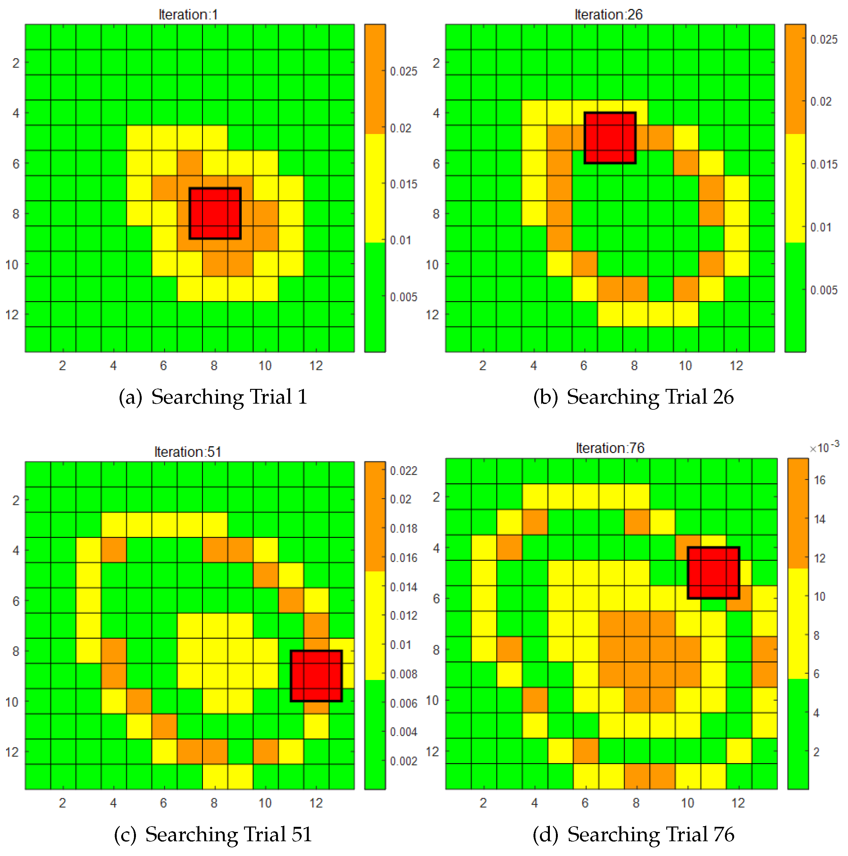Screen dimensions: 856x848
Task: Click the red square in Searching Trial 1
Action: (x=215, y=214)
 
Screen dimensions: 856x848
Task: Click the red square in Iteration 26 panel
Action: (x=610, y=138)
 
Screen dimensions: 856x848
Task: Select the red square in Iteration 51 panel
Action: (x=316, y=676)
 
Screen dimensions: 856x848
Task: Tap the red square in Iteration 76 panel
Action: (x=713, y=573)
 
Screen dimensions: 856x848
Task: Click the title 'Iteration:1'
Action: (x=188, y=15)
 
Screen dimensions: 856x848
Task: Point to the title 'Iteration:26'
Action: (x=608, y=15)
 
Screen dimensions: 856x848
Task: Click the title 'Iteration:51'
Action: (x=188, y=452)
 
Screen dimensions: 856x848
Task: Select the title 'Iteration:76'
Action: (x=610, y=448)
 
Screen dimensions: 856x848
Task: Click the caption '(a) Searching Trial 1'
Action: (x=213, y=397)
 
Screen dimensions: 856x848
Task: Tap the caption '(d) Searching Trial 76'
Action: (x=633, y=834)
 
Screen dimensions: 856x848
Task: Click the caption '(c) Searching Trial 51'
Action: (x=213, y=834)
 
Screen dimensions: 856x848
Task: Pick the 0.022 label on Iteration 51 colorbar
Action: (x=403, y=471)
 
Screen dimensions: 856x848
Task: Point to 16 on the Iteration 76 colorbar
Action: (x=820, y=480)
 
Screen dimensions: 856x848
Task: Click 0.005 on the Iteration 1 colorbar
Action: (x=403, y=297)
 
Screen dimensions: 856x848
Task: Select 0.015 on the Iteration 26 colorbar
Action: (x=824, y=164)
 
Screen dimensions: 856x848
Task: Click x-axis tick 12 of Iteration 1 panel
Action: (x=316, y=365)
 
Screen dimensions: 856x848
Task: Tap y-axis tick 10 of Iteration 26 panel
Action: (x=432, y=264)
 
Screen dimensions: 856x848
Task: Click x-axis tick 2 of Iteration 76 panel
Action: (x=483, y=803)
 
